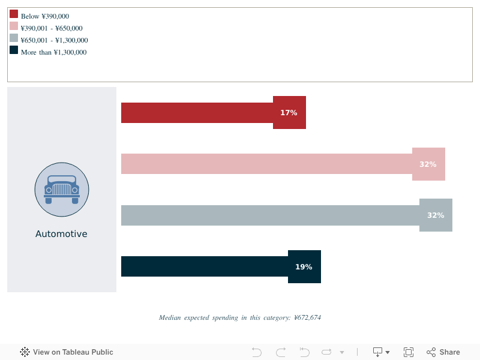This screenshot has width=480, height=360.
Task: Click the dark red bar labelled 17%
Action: click(x=198, y=113)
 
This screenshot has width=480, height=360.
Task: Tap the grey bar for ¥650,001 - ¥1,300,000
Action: click(x=270, y=215)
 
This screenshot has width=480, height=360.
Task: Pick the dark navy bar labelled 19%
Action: click(x=204, y=266)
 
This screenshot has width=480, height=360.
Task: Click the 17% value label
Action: click(x=289, y=113)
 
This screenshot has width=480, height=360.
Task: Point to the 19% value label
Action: click(x=304, y=267)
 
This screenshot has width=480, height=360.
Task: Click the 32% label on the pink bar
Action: click(x=428, y=164)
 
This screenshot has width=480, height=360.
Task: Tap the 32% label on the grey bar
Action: click(x=436, y=215)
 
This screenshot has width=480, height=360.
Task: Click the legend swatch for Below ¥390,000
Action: click(x=14, y=14)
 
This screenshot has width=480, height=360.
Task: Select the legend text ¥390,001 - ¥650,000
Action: click(x=52, y=28)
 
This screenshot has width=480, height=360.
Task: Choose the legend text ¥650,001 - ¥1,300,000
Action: click(x=54, y=40)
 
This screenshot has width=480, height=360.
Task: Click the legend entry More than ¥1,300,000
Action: click(x=53, y=52)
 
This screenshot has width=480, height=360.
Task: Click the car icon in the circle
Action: click(x=62, y=190)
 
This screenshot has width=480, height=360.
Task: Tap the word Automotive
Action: click(x=61, y=234)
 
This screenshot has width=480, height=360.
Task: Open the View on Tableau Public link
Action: click(x=67, y=352)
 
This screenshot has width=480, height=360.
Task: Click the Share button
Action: click(x=443, y=352)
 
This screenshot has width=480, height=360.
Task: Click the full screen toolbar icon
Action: click(x=409, y=352)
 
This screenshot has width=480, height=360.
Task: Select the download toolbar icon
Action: click(x=379, y=352)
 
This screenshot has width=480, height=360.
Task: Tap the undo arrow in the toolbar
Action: click(x=257, y=352)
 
